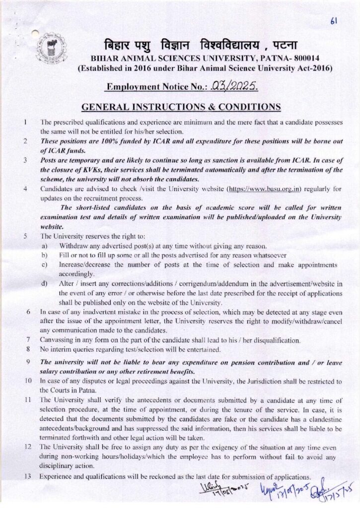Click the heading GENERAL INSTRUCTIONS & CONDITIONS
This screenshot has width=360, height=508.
click(181, 107)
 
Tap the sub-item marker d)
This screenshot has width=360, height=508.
click(45, 284)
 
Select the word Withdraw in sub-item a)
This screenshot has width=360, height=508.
click(74, 246)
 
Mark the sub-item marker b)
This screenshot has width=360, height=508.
click(45, 255)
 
